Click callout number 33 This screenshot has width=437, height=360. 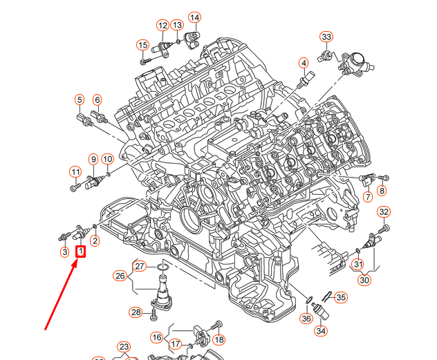[x=326, y=37]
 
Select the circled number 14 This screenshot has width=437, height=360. [x=194, y=17]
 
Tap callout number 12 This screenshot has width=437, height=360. [x=162, y=26]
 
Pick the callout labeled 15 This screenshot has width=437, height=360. [x=142, y=46]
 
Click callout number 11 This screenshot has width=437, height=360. [x=75, y=171]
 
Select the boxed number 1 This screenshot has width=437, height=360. [x=81, y=252]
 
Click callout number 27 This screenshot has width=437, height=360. [x=140, y=267]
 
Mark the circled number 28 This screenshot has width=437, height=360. [x=136, y=313]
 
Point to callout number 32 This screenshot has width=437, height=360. [x=384, y=211]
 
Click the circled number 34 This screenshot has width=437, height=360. [x=320, y=331]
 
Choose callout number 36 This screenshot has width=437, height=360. [x=306, y=318]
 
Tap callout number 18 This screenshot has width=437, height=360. [x=219, y=339]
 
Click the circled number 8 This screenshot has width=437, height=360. [x=382, y=191]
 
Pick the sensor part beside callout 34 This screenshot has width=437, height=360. [x=319, y=312]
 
